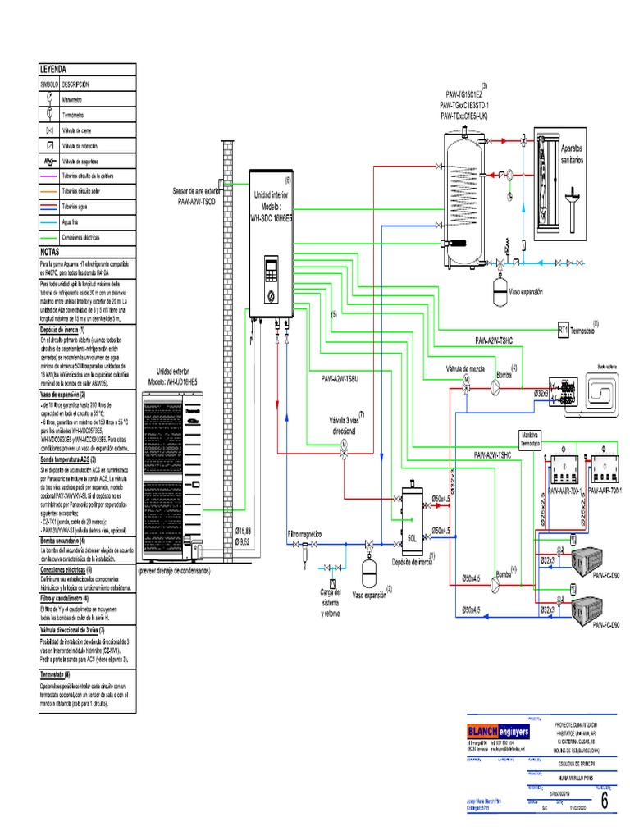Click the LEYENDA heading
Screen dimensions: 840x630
53,71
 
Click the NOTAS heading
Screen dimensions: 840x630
51,253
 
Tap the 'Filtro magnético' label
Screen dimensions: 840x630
304,532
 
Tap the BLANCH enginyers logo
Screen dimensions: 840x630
498,731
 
